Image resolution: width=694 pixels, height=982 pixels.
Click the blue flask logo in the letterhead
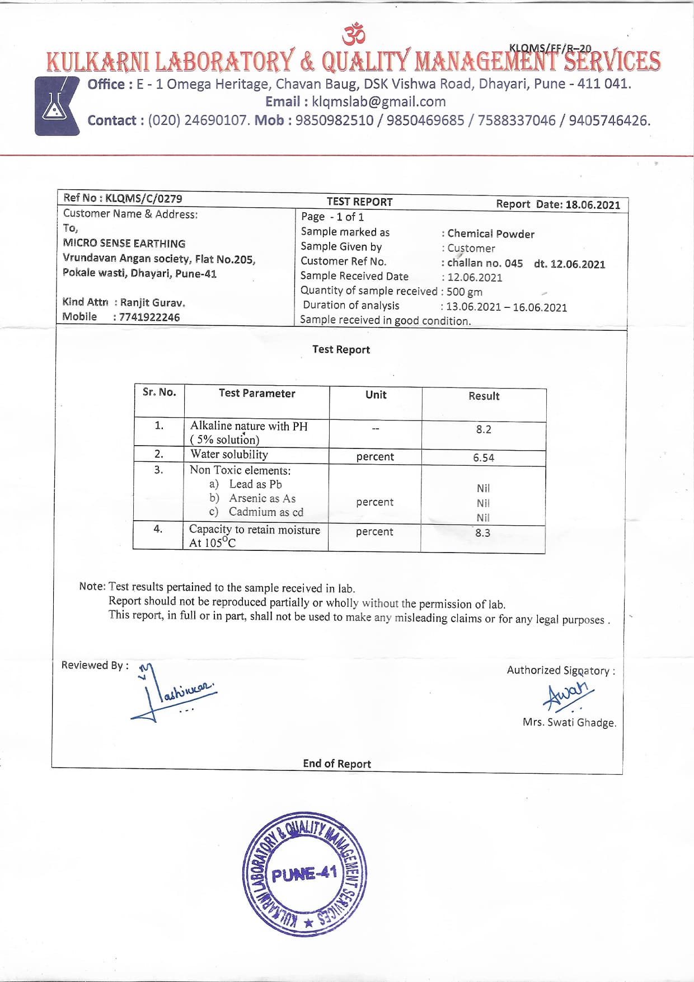tap(56, 106)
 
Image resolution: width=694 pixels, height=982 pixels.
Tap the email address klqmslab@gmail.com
tap(378, 102)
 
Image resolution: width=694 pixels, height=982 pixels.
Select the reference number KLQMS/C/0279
tap(143, 198)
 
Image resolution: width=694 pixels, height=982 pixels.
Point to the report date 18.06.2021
tap(592, 204)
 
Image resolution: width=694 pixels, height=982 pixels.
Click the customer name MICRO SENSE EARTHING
tap(124, 244)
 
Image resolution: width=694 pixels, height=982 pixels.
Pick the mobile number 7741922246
tap(149, 317)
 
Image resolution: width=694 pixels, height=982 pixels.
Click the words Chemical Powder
tap(491, 234)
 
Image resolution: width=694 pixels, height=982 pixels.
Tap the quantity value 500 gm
tap(464, 292)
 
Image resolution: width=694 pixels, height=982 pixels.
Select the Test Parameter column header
tap(257, 394)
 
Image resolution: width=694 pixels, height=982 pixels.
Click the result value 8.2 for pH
tap(484, 429)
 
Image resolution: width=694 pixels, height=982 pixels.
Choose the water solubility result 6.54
tap(484, 458)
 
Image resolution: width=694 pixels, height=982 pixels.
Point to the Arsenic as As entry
tap(262, 498)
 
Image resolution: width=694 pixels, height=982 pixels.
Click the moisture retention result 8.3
tap(482, 533)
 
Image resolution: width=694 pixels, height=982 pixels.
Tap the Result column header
tap(484, 396)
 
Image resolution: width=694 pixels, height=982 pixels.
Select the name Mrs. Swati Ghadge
tap(569, 723)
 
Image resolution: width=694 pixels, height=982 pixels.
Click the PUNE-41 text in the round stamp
tap(304, 874)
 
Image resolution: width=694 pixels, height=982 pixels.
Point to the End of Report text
tap(337, 764)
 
